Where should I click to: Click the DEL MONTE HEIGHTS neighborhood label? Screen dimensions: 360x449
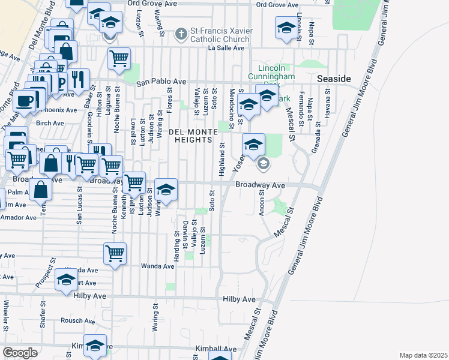click(x=190, y=136)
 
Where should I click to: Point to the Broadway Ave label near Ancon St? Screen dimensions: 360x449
click(x=259, y=185)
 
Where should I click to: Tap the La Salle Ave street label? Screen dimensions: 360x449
click(x=226, y=48)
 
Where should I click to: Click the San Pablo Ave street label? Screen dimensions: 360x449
click(x=161, y=83)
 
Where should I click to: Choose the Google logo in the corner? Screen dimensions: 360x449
click(x=20, y=353)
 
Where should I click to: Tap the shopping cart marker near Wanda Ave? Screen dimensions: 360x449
click(x=115, y=253)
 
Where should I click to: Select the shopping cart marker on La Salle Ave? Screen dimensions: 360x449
click(x=119, y=58)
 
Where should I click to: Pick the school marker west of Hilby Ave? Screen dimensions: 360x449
click(x=65, y=279)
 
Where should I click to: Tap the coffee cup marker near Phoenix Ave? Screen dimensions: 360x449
click(x=25, y=100)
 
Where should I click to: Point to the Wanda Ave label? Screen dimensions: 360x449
click(x=157, y=266)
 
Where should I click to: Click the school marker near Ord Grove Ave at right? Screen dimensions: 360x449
click(x=286, y=28)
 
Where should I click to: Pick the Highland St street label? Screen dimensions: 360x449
click(x=221, y=158)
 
